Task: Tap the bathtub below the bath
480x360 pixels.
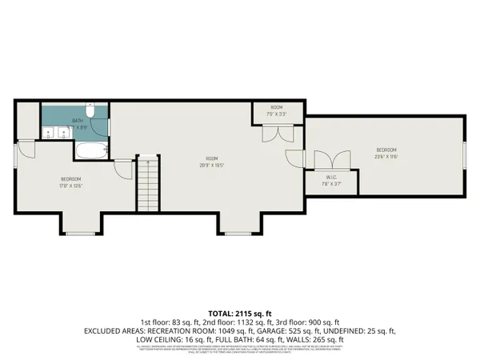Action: tap(89, 150)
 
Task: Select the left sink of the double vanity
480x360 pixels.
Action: tap(50, 134)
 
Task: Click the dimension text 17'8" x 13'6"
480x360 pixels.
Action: tap(70, 185)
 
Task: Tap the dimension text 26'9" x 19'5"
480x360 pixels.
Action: tap(210, 166)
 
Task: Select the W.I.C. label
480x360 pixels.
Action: tap(330, 177)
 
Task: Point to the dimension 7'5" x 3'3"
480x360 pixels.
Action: tap(277, 114)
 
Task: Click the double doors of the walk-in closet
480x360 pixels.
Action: tap(330, 160)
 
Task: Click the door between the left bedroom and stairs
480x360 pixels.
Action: tap(122, 168)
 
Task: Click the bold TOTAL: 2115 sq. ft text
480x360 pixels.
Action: tap(240, 312)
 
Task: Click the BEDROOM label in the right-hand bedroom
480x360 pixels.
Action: tap(386, 150)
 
